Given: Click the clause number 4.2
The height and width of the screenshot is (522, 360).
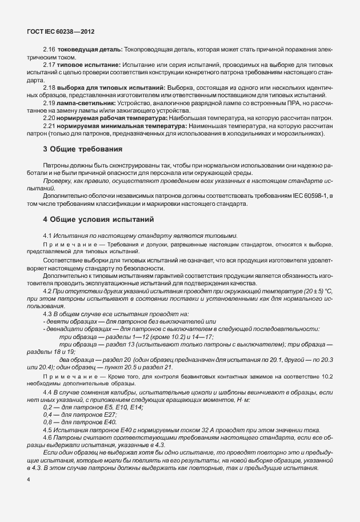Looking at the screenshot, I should [48, 290].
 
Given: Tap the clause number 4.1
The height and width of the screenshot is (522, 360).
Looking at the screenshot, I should [48, 236].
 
